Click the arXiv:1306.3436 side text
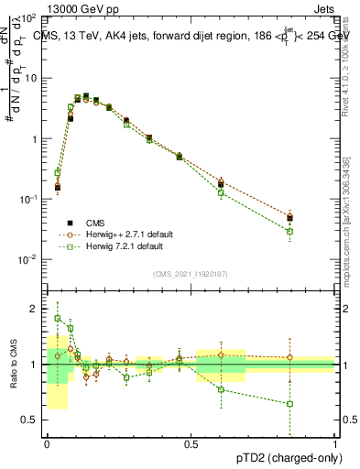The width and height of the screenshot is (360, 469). pos(352,211)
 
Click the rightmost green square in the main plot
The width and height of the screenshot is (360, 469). pos(289,231)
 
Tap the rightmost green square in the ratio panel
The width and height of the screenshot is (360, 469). pos(289,403)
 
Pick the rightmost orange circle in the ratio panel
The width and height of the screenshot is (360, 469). pos(289,357)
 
